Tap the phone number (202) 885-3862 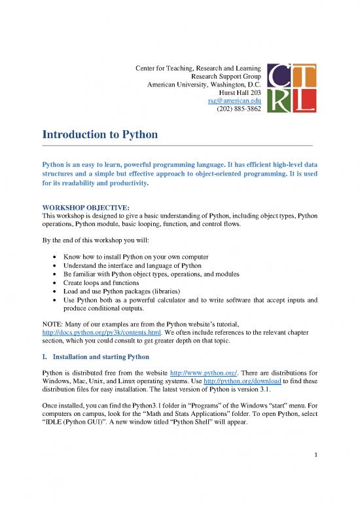click(239, 109)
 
